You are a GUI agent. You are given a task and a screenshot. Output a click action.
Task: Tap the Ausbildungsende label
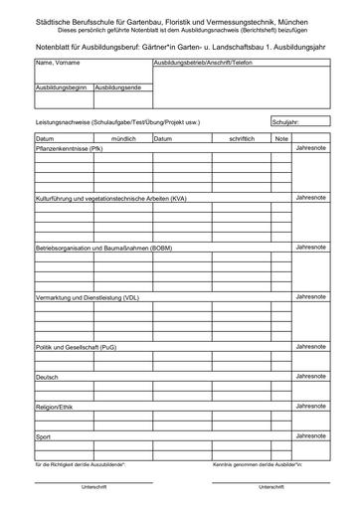[118, 88]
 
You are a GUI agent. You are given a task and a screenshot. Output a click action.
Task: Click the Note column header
[281, 138]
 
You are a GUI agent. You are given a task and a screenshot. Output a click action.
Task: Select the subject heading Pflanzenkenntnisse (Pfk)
[69, 148]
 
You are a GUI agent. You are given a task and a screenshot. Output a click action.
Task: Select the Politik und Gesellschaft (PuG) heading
[76, 347]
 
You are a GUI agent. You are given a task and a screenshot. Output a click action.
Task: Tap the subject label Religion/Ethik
[55, 408]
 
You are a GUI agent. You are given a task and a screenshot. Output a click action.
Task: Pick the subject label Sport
[43, 437]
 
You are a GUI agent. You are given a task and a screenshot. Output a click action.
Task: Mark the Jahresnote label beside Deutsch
[310, 375]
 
